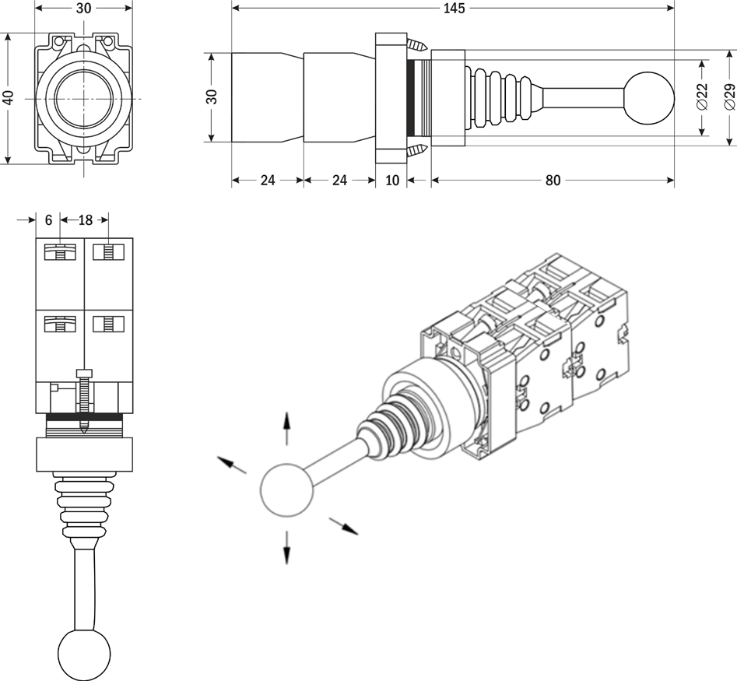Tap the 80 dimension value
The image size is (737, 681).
pyautogui.click(x=553, y=181)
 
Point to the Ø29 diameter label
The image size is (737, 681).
pyautogui.click(x=729, y=96)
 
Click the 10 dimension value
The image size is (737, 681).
pyautogui.click(x=392, y=181)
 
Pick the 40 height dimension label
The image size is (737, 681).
pyautogui.click(x=8, y=98)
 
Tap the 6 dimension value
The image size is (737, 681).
pyautogui.click(x=48, y=220)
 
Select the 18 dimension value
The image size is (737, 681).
pyautogui.click(x=84, y=220)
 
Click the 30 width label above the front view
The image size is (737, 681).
pyautogui.click(x=84, y=9)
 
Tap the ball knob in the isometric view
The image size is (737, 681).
pyautogui.click(x=286, y=490)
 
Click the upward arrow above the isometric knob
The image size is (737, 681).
pyautogui.click(x=287, y=430)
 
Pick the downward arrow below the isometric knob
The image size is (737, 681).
pyautogui.click(x=287, y=547)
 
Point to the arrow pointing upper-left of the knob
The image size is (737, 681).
pyautogui.click(x=232, y=465)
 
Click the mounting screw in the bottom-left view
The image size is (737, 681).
pyautogui.click(x=84, y=397)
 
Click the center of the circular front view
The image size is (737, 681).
pyautogui.click(x=83, y=99)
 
